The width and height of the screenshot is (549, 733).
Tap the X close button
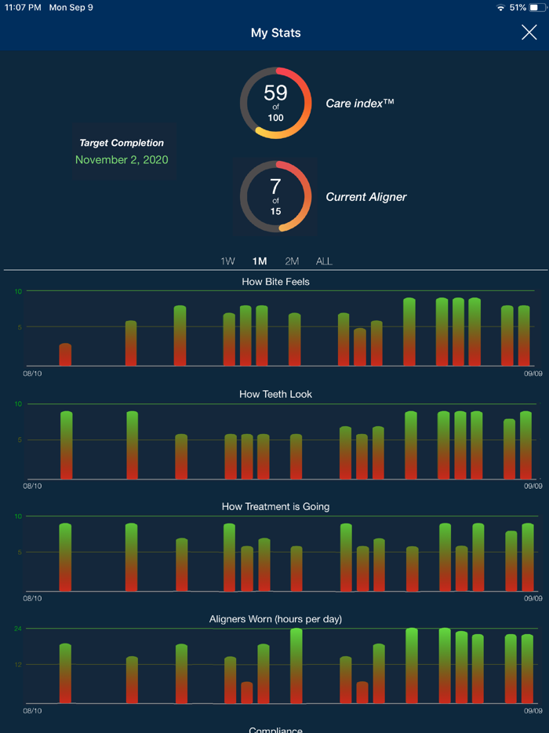tap(529, 32)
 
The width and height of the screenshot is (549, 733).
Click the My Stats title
tap(275, 33)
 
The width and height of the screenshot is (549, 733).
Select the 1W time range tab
tap(227, 261)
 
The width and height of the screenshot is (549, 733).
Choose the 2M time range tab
tap(292, 261)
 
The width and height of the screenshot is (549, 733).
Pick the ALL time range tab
tap(324, 261)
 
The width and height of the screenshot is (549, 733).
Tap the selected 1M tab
tap(260, 261)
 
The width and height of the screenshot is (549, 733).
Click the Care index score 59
tap(275, 93)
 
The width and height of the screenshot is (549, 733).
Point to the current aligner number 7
tap(275, 187)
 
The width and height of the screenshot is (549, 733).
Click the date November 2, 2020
tap(122, 159)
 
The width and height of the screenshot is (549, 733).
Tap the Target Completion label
tap(122, 143)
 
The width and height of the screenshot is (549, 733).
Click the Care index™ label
tap(359, 104)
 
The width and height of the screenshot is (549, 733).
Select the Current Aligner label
tap(366, 197)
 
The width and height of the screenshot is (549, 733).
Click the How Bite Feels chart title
tap(275, 281)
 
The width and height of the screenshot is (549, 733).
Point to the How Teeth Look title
tap(275, 394)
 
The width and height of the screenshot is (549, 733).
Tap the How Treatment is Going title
tap(275, 506)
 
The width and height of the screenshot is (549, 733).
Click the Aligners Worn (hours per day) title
tap(275, 619)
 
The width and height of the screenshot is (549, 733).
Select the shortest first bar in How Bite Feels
tap(65, 356)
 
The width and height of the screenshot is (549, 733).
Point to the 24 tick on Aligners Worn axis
tap(18, 629)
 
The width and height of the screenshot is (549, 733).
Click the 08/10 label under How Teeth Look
tap(33, 487)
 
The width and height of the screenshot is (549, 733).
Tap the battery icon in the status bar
tap(537, 7)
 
